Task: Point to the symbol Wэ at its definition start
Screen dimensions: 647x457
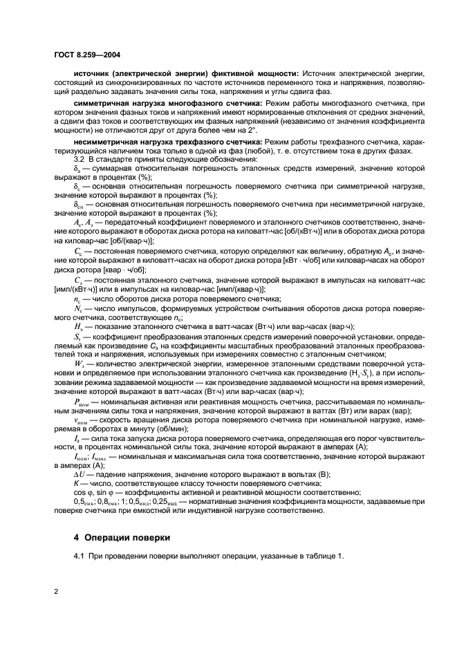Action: (x=80, y=363)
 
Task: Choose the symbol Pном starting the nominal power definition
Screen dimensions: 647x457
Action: (x=82, y=400)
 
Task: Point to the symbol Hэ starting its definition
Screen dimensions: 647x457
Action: (x=79, y=326)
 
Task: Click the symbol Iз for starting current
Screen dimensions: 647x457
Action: (x=77, y=438)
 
